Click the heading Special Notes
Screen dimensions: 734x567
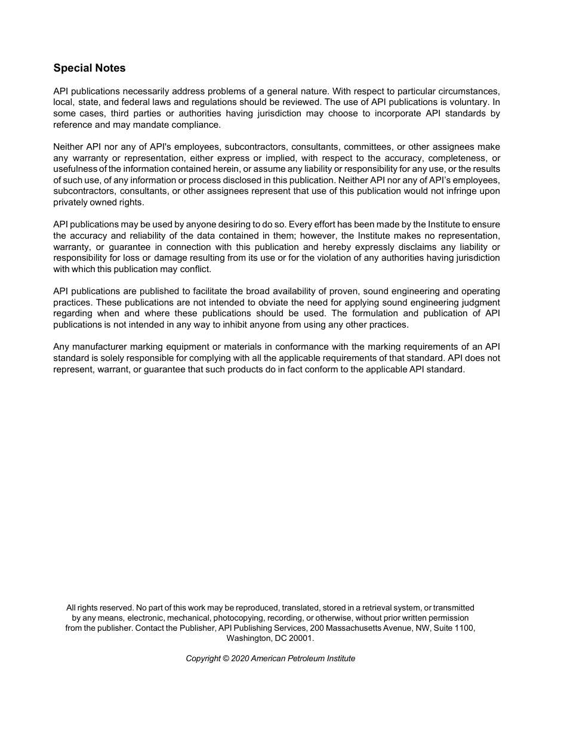90,68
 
